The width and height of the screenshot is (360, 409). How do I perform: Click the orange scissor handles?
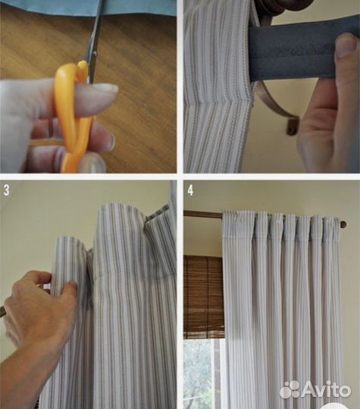pos(73,115)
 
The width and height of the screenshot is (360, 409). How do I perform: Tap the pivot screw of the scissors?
pos(95,54)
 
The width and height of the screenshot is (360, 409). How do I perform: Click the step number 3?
pos(6,190)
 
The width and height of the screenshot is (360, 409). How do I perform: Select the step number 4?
pos(190,190)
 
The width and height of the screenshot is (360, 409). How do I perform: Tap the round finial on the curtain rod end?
pos(343,224)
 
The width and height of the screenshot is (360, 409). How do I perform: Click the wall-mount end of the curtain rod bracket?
pos(293,126)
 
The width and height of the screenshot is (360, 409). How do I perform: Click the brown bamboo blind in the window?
pos(204,297)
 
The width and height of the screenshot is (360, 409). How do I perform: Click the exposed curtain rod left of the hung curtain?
pos(203,214)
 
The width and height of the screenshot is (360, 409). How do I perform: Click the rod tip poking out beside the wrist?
pos(2,312)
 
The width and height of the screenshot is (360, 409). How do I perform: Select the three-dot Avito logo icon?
pos(290,390)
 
